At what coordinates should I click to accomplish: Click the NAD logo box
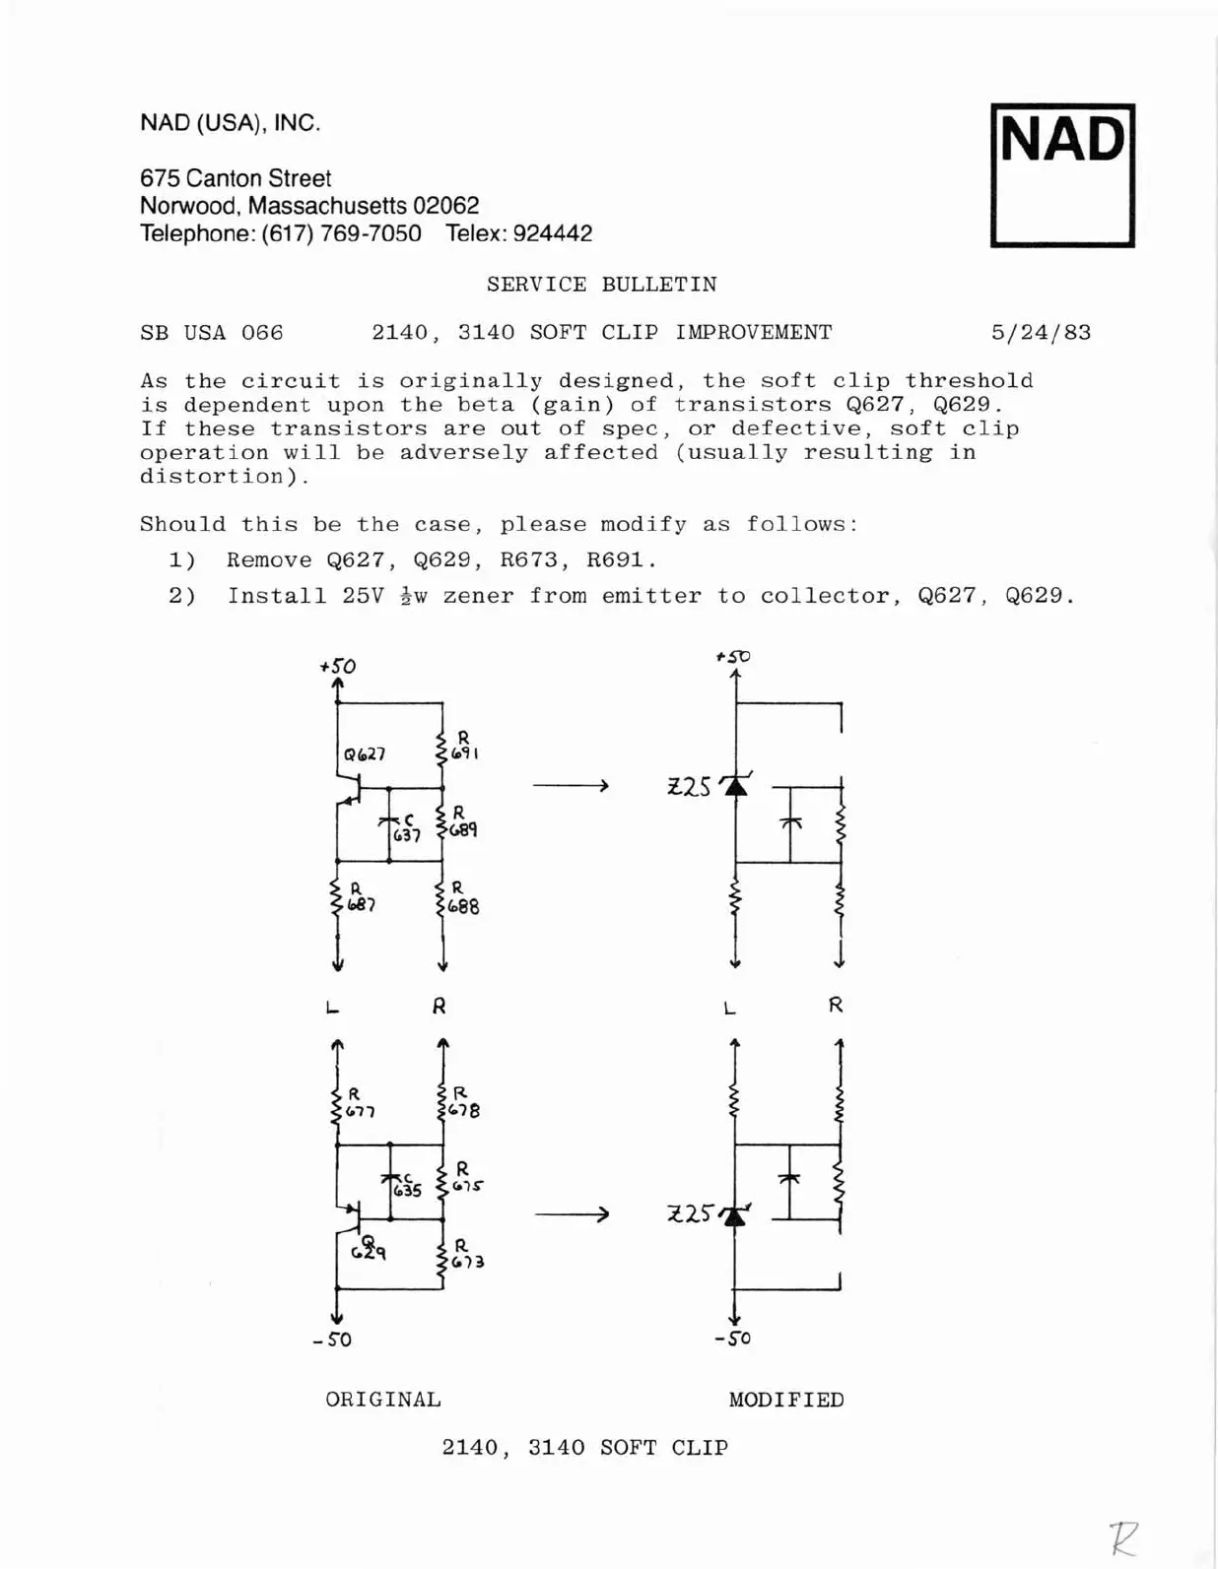coord(1062,175)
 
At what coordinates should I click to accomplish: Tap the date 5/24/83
coord(1041,333)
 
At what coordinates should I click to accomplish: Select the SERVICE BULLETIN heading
coord(601,285)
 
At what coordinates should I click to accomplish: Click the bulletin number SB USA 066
coord(211,333)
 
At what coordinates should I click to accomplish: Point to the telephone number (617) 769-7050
coord(341,233)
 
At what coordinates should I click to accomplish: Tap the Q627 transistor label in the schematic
coord(364,754)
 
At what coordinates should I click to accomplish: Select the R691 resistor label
coord(464,746)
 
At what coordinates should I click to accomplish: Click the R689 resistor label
coord(462,822)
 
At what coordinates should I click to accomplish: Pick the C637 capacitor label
coord(406,828)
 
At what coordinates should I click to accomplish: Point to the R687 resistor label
coord(360,897)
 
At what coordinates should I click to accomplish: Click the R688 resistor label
coord(462,898)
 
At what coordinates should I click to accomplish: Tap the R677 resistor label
coord(359,1103)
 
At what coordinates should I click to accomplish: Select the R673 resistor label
coord(466,1254)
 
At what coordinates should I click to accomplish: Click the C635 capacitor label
coord(406,1185)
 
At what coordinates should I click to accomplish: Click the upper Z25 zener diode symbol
coord(735,785)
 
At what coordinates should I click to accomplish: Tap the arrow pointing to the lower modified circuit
coord(572,1214)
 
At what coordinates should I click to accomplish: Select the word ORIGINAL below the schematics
coord(383,1400)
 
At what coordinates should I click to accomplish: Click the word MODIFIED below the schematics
coord(786,1400)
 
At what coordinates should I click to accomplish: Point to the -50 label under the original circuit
coord(333,1340)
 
